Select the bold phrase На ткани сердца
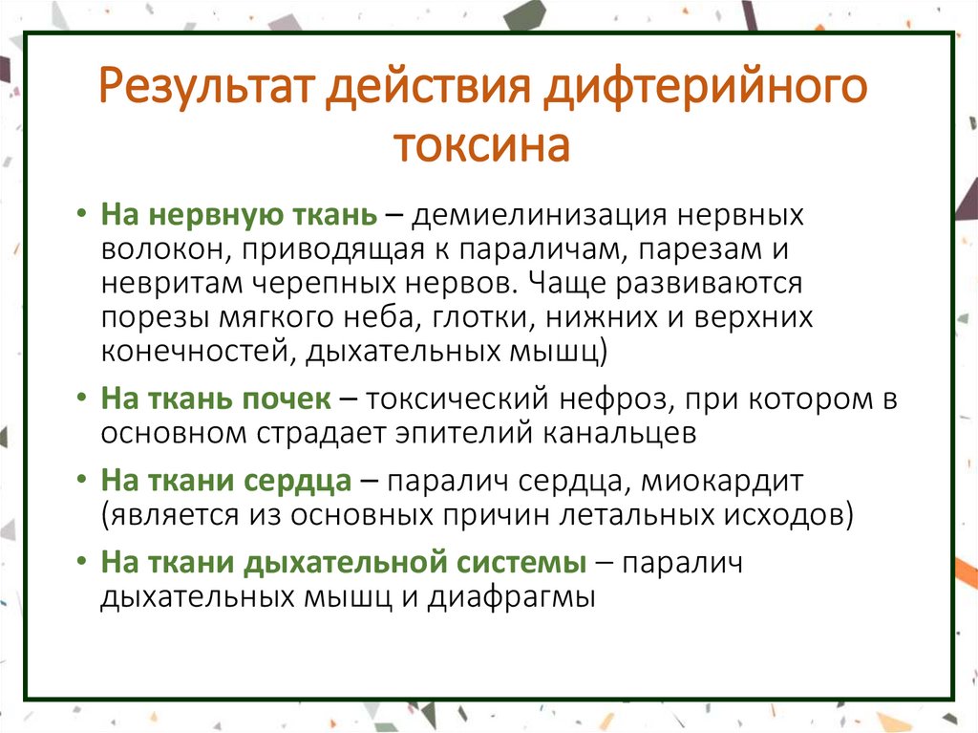pyautogui.click(x=226, y=480)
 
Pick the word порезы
pyautogui.click(x=155, y=318)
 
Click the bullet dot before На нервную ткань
pyautogui.click(x=83, y=215)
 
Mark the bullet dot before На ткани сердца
pyautogui.click(x=83, y=481)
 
